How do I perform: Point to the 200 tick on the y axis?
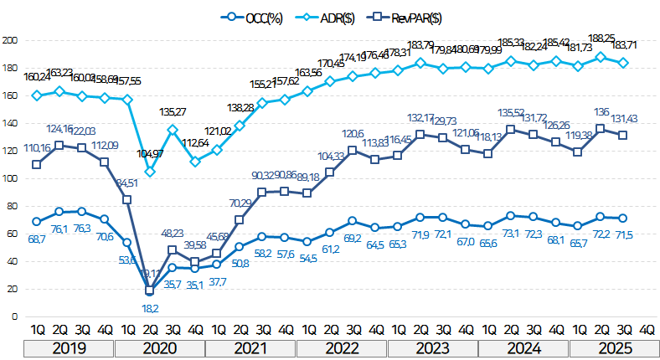tap(10, 40)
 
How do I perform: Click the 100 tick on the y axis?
tap(10, 178)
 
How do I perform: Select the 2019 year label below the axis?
tap(70, 347)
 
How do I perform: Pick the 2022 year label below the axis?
tap(343, 347)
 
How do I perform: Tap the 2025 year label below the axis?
tap(614, 347)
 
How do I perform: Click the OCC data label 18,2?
tap(150, 307)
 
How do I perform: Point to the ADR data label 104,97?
tap(152, 154)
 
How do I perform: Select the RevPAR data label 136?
tap(601, 111)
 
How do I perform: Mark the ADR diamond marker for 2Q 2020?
tap(150, 172)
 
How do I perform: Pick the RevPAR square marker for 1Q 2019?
tap(37, 164)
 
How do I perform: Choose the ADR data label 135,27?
tap(174, 111)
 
